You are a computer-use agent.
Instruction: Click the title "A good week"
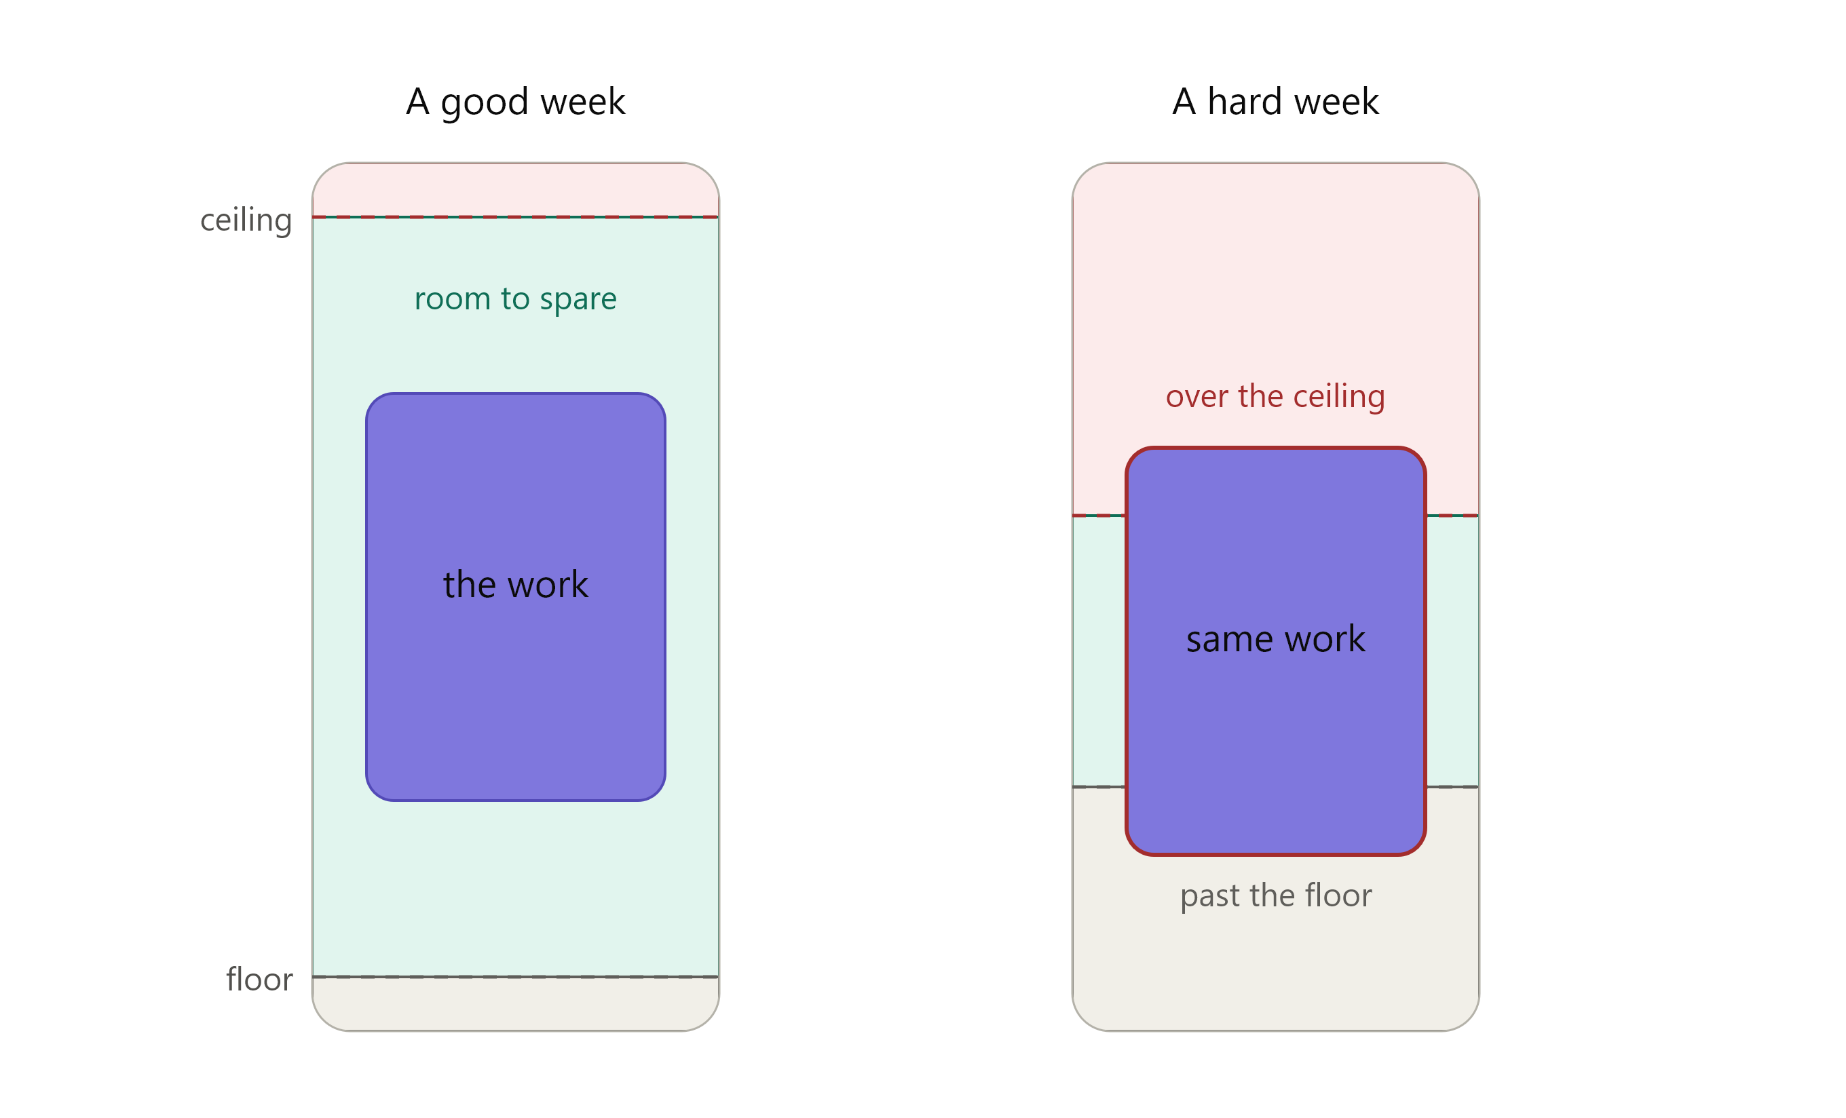point(515,102)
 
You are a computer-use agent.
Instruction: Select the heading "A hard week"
point(1275,101)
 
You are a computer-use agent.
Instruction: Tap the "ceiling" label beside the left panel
point(246,221)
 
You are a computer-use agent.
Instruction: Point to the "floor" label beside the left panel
point(259,979)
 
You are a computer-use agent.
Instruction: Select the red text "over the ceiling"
point(1275,396)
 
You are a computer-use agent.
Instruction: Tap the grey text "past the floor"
point(1276,895)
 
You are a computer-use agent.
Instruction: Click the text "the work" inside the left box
point(515,584)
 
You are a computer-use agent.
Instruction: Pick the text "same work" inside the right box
point(1275,639)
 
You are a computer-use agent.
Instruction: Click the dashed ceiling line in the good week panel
point(515,217)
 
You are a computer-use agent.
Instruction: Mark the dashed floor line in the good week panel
point(515,976)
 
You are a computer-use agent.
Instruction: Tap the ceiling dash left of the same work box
point(1099,515)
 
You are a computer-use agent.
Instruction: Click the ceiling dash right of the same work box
point(1452,515)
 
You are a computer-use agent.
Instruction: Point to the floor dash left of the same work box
point(1099,787)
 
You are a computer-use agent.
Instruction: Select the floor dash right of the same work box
point(1452,787)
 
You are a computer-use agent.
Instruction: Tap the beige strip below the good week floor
point(515,1003)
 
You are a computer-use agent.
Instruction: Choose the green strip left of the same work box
point(1099,651)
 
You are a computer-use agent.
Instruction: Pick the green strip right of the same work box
point(1452,651)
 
